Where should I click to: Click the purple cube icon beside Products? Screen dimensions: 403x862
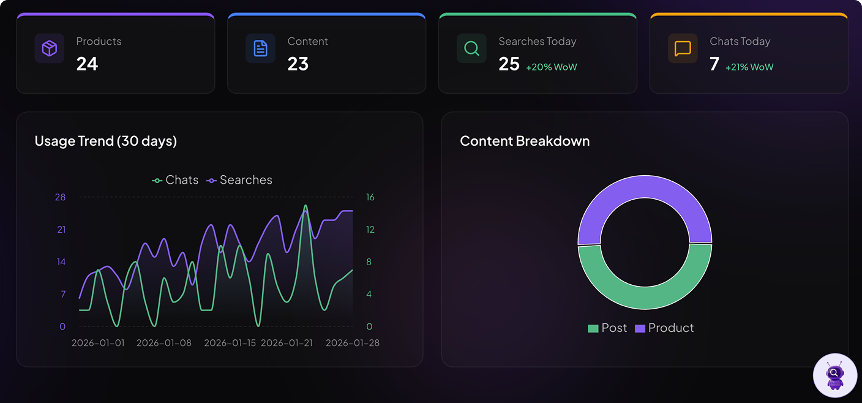[49, 48]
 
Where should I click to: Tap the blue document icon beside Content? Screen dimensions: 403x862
[261, 48]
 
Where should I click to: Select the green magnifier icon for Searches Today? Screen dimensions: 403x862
[471, 48]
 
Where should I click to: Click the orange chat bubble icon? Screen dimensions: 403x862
[683, 48]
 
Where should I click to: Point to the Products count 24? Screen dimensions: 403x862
[87, 64]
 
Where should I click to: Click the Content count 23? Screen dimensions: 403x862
[298, 64]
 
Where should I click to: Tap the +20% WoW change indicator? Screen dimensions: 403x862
[551, 67]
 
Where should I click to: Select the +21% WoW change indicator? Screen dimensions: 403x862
[749, 67]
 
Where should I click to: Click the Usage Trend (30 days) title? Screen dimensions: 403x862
[106, 141]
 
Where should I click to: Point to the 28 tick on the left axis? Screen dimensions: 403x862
[60, 197]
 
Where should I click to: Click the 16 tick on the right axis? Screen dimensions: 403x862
[370, 197]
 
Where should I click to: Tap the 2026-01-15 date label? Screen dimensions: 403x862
[230, 343]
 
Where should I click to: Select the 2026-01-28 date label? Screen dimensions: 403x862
[353, 343]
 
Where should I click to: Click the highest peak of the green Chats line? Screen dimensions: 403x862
[305, 206]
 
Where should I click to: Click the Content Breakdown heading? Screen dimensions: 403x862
[525, 141]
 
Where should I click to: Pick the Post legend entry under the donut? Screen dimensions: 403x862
[607, 328]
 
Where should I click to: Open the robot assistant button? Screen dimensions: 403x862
[834, 375]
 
